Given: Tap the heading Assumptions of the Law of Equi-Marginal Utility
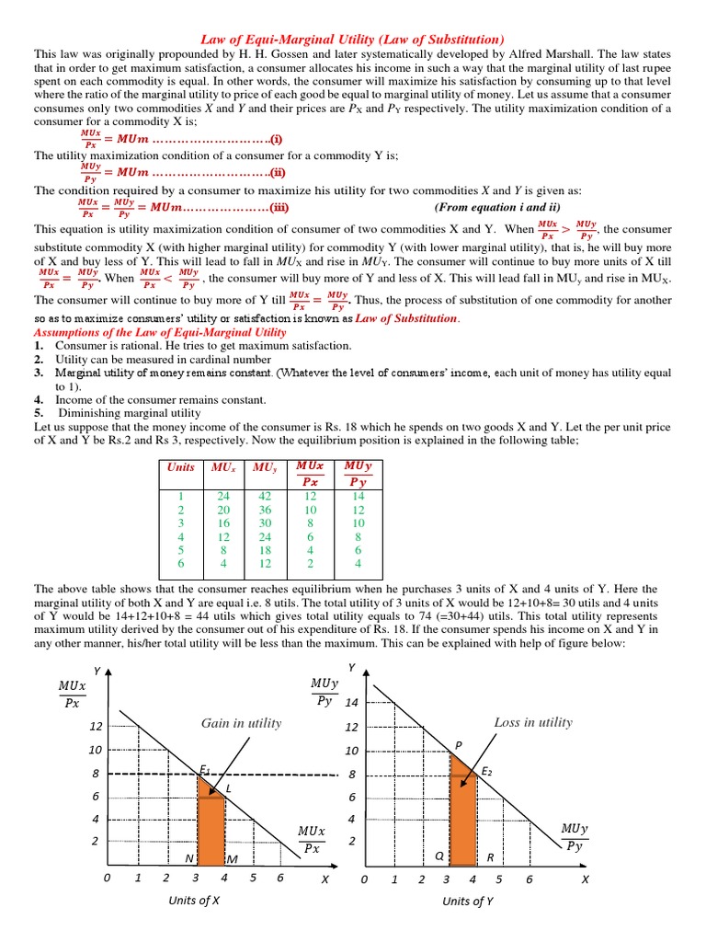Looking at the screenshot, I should click(160, 331).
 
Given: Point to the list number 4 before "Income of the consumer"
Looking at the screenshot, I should click(39, 400).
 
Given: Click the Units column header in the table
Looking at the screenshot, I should click(181, 466).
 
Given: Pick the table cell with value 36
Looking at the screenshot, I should click(266, 510).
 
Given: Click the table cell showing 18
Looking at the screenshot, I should click(266, 551).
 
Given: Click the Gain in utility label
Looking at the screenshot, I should click(241, 723).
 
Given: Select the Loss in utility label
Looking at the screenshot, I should click(533, 722).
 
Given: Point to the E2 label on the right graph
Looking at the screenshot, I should click(487, 771).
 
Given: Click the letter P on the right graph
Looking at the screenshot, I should click(459, 744).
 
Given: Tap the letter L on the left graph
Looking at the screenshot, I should click(228, 789).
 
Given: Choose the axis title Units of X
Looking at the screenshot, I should click(194, 901).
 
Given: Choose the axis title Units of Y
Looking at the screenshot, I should click(468, 901).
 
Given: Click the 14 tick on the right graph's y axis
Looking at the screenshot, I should click(351, 703).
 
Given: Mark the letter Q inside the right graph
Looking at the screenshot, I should click(439, 856).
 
